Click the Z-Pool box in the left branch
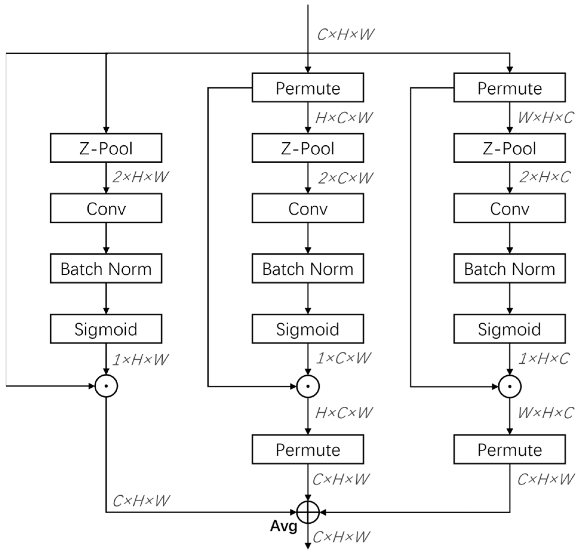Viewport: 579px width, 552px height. coord(106,148)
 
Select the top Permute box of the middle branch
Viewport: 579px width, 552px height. coord(308,87)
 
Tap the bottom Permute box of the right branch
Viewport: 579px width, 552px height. coord(509,449)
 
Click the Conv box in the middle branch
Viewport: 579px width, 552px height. coord(308,208)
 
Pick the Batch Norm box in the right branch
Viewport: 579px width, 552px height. coord(509,269)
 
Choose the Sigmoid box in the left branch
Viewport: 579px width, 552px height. coord(106,329)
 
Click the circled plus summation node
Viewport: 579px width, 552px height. coord(308,512)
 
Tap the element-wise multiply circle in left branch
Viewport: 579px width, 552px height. coord(106,386)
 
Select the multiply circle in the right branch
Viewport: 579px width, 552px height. coord(509,386)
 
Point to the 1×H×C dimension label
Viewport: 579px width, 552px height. coord(544,359)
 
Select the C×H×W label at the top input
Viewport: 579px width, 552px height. coord(345,35)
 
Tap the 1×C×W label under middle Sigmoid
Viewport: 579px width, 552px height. coord(343,358)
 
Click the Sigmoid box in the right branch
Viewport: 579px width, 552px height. coord(509,329)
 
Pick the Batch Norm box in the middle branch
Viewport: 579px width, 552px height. coord(308,269)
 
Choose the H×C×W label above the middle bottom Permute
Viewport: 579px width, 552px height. coord(344,413)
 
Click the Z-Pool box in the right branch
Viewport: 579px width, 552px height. coord(509,148)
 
